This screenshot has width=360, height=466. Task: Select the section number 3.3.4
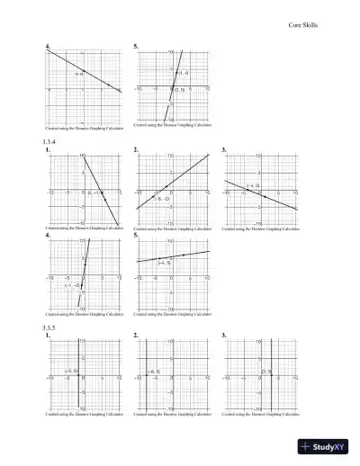(49, 143)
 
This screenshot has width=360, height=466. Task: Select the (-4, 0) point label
(253, 185)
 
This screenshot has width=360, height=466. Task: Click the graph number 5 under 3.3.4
(135, 235)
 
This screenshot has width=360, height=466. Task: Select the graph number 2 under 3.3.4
(135, 149)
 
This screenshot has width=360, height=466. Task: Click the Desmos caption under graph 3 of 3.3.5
(260, 415)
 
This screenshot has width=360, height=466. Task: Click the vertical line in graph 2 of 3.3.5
(146, 373)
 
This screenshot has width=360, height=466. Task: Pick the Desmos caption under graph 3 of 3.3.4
(260, 229)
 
